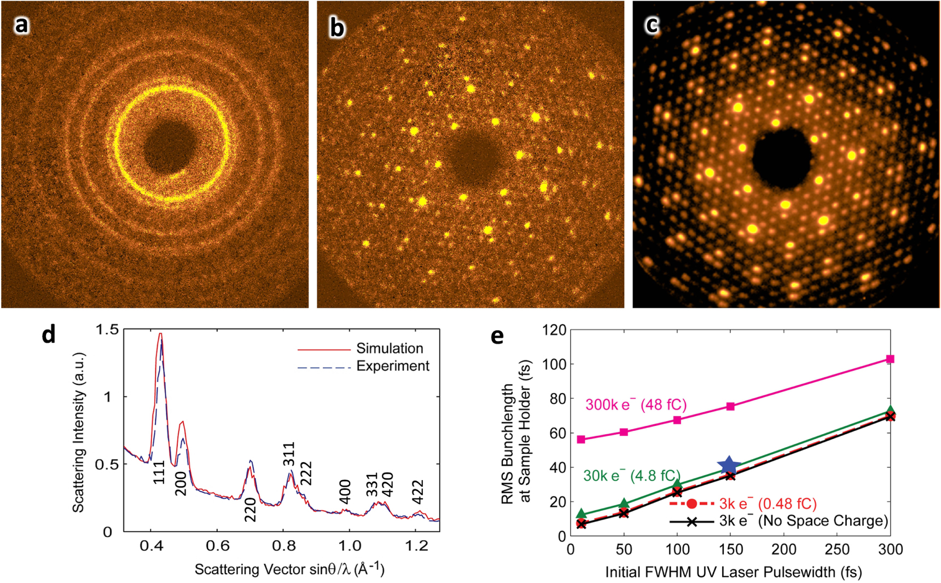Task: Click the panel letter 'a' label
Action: click(21, 25)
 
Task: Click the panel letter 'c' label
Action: click(652, 25)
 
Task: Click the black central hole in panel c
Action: click(781, 158)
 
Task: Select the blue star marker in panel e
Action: click(729, 466)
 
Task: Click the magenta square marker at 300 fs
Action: click(890, 359)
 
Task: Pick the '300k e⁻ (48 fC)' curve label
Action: click(636, 405)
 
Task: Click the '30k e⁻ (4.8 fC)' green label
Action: click(631, 476)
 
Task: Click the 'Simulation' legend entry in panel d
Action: click(390, 348)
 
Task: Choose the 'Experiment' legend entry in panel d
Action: click(392, 366)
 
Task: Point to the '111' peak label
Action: click(159, 472)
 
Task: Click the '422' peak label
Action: click(417, 492)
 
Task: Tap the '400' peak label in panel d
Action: click(345, 492)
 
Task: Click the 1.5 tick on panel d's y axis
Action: click(107, 330)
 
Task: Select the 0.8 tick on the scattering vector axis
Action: click(283, 546)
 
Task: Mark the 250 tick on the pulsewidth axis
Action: click(837, 550)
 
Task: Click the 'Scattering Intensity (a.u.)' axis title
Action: click(78, 432)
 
